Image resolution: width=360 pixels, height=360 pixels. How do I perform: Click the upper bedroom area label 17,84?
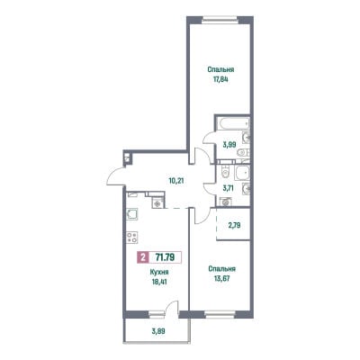220,80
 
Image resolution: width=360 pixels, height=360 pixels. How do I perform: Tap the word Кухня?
159,272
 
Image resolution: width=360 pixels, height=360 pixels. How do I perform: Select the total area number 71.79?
166,257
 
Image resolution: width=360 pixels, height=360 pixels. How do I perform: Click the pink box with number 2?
143,257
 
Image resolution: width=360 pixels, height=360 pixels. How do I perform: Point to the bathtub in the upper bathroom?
233,123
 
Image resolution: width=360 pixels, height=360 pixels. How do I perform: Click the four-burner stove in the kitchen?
132,238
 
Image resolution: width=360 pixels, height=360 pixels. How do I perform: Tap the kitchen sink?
132,214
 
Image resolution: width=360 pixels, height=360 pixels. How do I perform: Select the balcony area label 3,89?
158,331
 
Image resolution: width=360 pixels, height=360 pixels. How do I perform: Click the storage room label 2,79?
234,225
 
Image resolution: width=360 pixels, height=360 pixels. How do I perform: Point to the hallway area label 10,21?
175,181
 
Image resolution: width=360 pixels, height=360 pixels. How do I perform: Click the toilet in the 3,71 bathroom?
223,173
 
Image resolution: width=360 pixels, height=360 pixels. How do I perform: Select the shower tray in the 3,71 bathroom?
243,173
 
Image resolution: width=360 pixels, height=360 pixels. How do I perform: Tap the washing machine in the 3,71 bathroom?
226,202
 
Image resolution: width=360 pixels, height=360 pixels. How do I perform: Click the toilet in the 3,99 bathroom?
243,153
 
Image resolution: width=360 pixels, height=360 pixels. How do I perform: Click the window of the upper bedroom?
220,20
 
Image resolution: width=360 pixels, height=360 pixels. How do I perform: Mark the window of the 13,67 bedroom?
220,315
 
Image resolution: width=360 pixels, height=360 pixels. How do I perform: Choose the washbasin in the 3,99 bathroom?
247,138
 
